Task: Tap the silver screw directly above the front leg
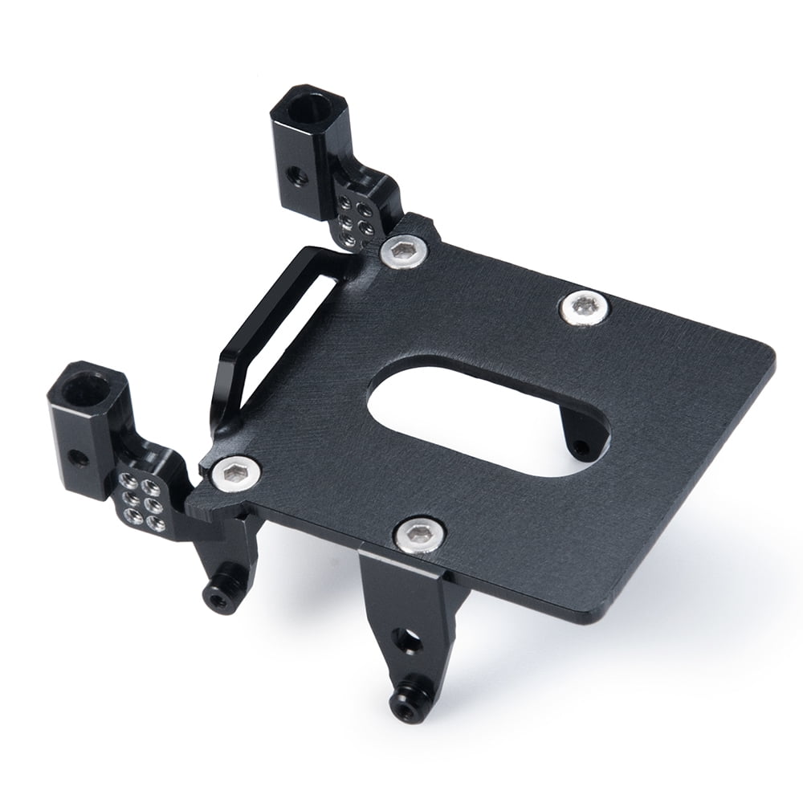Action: point(418,534)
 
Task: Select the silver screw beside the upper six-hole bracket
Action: point(402,251)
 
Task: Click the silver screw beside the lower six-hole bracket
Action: point(235,473)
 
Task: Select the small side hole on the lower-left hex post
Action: point(78,459)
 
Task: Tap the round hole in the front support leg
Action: point(406,640)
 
